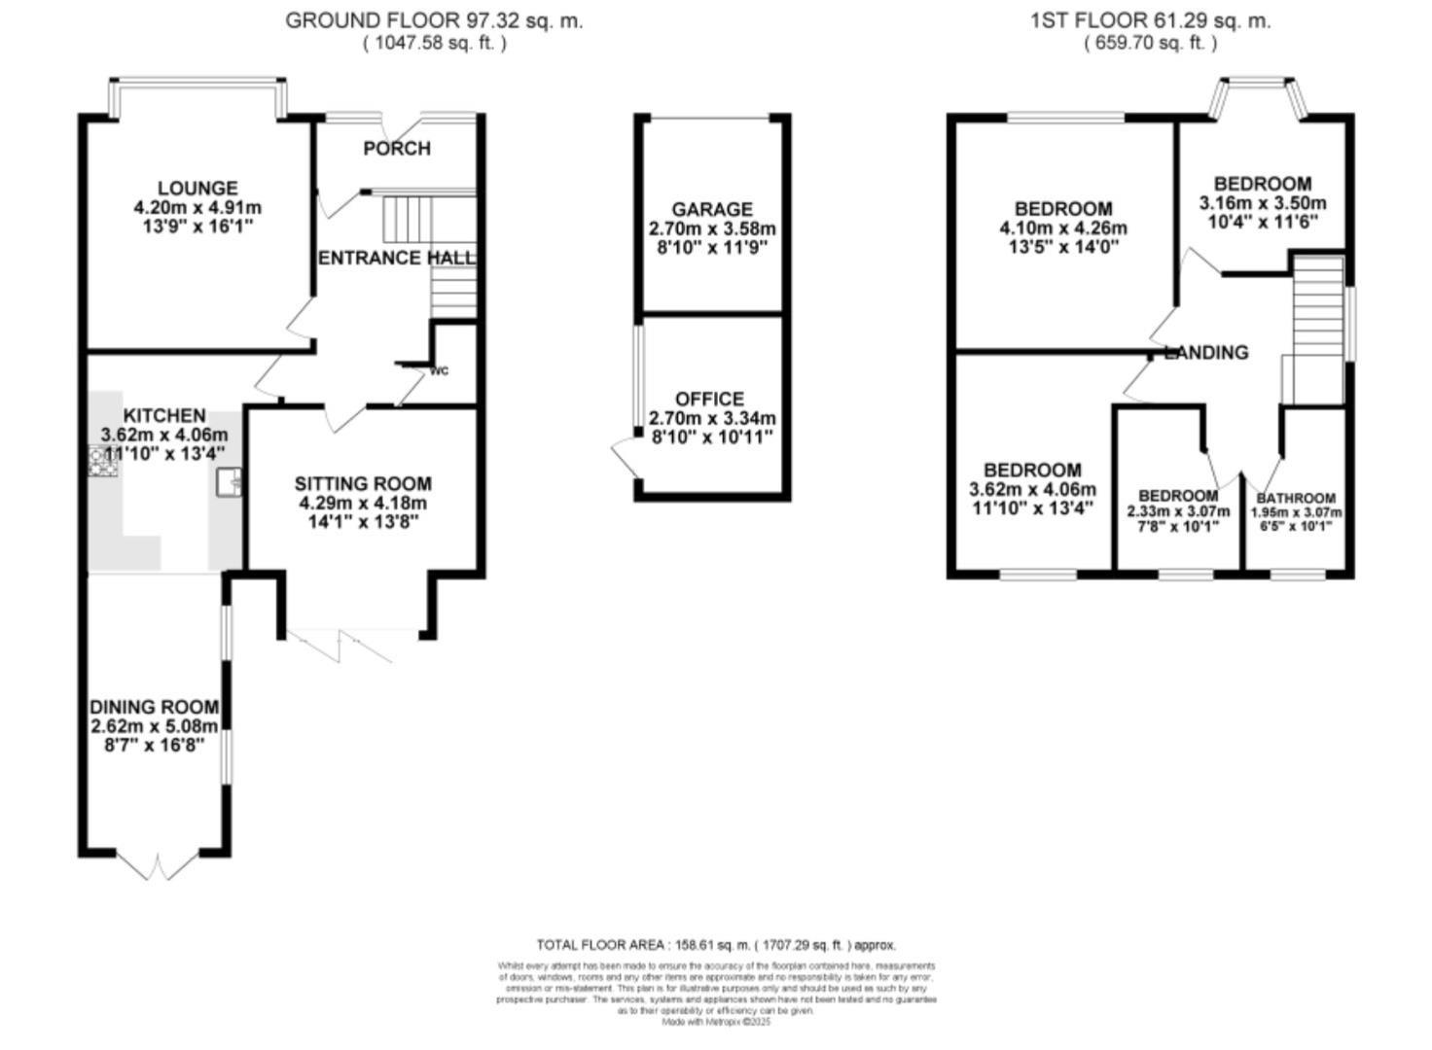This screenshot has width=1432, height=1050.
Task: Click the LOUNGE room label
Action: click(197, 188)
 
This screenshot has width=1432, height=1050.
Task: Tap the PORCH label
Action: click(397, 148)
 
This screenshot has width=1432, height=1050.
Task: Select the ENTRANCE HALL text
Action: click(397, 258)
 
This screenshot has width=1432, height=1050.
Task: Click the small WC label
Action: click(440, 370)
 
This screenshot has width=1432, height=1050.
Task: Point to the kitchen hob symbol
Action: click(102, 461)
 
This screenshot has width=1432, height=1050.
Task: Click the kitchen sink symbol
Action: click(231, 481)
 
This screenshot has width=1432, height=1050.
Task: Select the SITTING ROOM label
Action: click(363, 483)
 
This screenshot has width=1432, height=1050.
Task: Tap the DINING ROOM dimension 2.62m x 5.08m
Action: click(154, 726)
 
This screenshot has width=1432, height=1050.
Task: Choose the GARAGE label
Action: click(712, 209)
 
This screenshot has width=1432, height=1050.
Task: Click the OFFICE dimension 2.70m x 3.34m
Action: click(712, 418)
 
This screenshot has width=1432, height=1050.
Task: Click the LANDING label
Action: click(1206, 352)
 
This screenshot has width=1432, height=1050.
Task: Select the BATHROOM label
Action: click(1296, 498)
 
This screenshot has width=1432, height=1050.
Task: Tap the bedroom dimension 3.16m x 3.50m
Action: click(1263, 203)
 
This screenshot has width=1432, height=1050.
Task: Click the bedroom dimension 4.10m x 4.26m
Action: click(1063, 228)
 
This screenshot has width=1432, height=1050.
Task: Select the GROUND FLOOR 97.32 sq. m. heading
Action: click(434, 20)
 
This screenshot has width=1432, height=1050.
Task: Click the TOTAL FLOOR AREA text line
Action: click(716, 944)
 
